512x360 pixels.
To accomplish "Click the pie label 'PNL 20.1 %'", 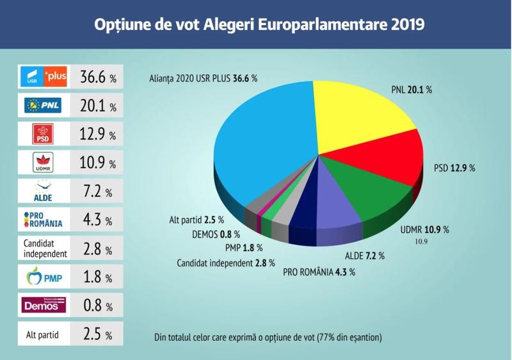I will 412,90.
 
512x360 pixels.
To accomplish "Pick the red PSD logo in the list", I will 43,135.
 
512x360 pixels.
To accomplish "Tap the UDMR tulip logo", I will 43,163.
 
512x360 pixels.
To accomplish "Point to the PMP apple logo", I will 43,278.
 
